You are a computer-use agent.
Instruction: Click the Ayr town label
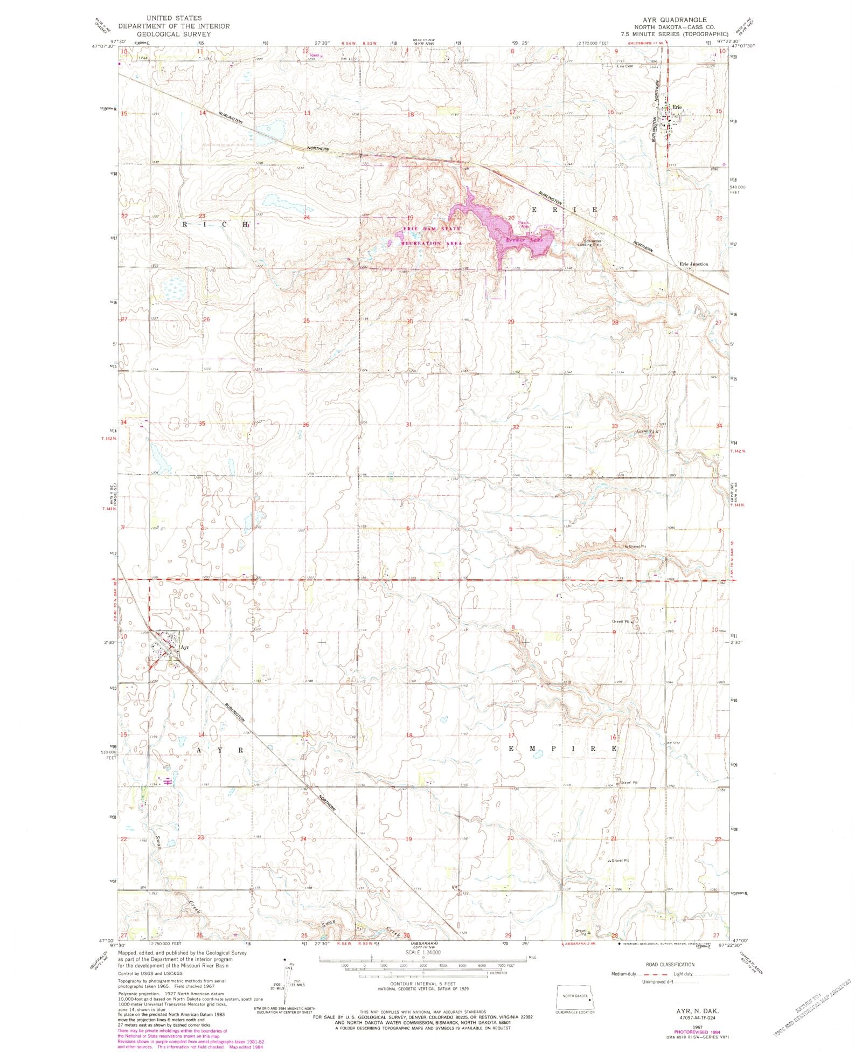point(185,647)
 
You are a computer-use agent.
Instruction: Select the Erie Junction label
point(693,264)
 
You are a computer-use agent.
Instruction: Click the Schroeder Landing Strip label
point(589,243)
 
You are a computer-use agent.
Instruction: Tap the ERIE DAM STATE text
point(432,229)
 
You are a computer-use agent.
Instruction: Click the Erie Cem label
point(625,66)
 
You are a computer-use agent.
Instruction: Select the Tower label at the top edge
point(313,55)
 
